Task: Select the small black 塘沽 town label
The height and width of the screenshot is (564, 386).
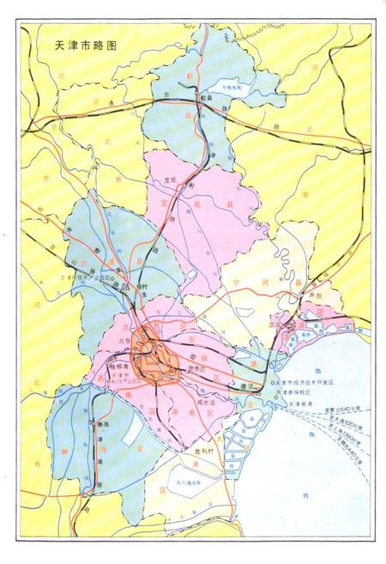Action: [x=250, y=385]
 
